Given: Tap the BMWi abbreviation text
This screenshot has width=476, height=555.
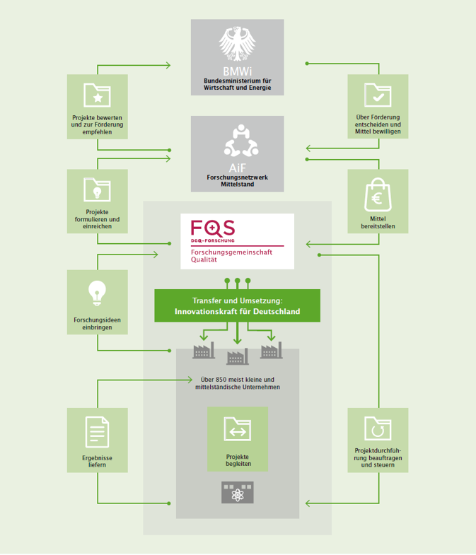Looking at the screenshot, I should click(x=237, y=73).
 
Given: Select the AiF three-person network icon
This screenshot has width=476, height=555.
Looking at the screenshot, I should click(x=237, y=139).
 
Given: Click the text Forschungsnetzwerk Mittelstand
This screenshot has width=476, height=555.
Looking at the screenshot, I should click(x=237, y=178).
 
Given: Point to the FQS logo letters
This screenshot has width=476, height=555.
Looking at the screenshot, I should click(x=213, y=229).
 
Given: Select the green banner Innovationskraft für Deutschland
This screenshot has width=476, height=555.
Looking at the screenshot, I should click(x=237, y=306).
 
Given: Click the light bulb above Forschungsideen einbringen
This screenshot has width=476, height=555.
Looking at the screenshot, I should click(x=97, y=291).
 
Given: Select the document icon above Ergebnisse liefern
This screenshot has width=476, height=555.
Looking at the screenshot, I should click(x=97, y=431).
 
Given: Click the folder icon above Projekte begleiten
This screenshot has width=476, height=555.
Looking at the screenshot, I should click(x=238, y=428).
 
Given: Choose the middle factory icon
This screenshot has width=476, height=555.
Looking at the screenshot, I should click(x=237, y=356).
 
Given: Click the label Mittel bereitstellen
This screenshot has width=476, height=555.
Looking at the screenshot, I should click(x=378, y=223).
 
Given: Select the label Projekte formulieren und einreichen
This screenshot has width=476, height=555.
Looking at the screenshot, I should click(x=97, y=219).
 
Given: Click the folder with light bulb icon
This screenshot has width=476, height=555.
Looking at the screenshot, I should click(x=97, y=189).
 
